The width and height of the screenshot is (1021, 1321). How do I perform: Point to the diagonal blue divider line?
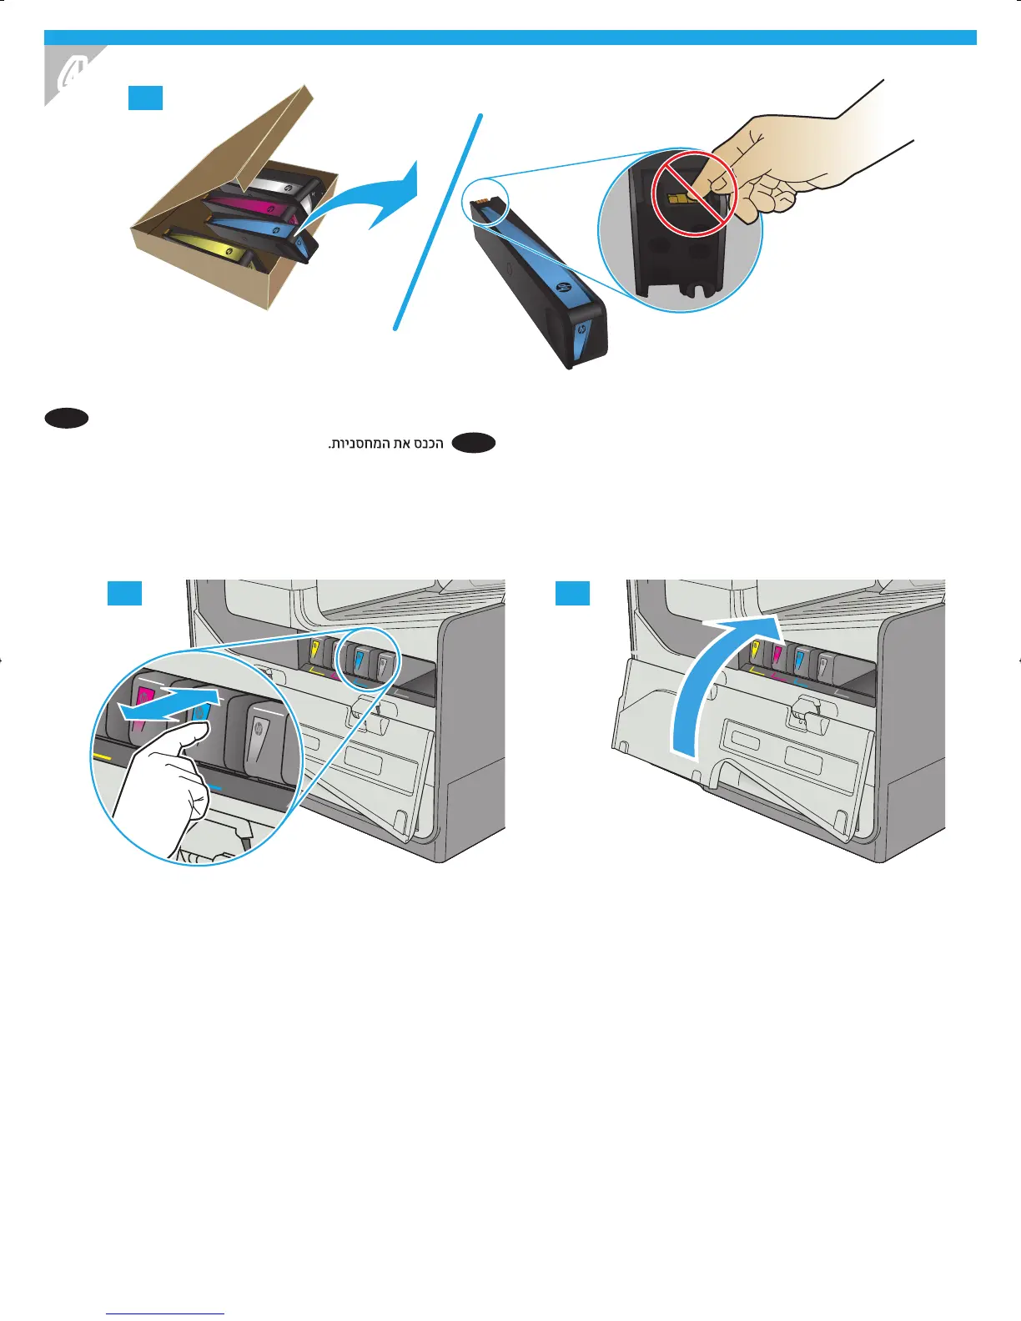[x=439, y=221]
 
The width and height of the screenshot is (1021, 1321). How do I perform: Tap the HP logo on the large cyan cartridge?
[x=560, y=289]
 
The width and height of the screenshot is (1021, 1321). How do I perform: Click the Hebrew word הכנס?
[x=428, y=444]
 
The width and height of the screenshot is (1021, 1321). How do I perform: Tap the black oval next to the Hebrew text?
[x=474, y=444]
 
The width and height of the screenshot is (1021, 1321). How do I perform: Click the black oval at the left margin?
[x=68, y=419]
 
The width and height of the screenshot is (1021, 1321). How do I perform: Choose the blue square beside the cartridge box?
[x=145, y=98]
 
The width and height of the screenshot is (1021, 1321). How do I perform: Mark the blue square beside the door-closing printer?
[x=573, y=593]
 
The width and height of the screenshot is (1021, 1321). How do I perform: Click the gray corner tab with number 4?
[x=70, y=75]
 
